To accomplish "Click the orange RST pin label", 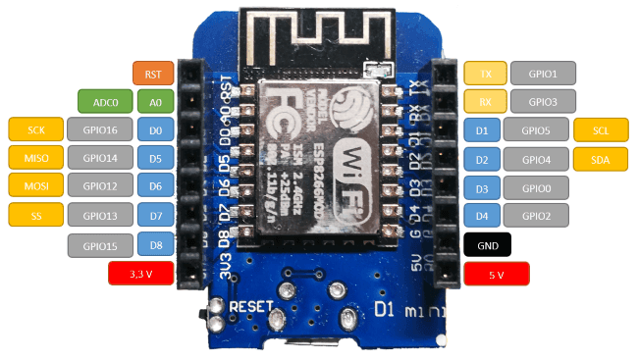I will coord(152,73).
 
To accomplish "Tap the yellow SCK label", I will coord(35,129).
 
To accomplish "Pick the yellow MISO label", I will coord(35,157).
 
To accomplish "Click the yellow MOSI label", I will coord(35,185).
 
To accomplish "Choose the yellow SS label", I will coord(35,214).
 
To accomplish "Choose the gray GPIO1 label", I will coord(541,73).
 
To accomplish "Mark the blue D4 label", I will coord(481,216).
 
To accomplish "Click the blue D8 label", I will coord(156,243).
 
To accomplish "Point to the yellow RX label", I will coord(485,101).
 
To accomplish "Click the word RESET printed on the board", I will coord(250,307).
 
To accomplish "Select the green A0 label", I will coord(156,101).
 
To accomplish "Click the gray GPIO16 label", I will coord(99,129).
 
